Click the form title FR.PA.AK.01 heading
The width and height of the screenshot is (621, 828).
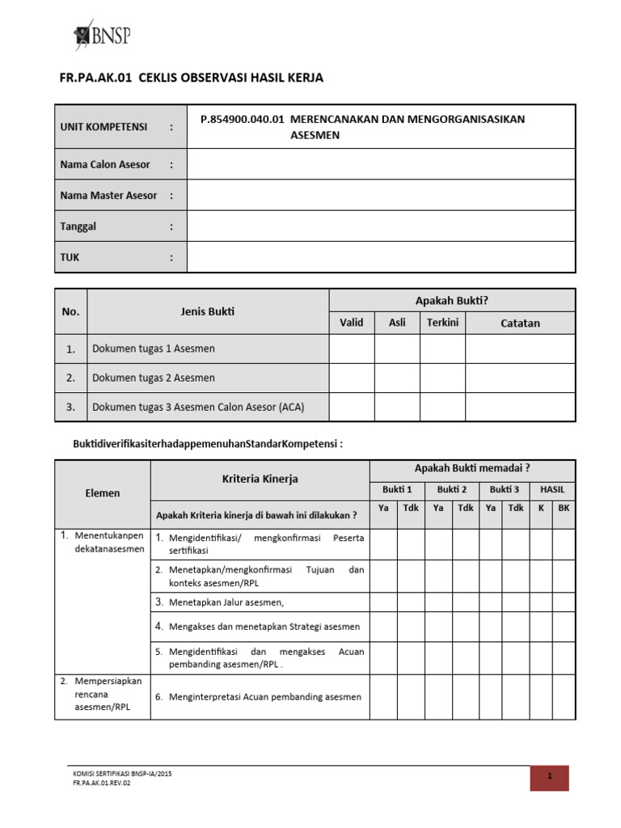191,78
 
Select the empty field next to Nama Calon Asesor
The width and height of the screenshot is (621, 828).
381,164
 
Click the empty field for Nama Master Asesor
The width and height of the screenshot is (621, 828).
381,196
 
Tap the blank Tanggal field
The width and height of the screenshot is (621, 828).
381,226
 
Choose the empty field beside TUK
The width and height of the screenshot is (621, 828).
381,258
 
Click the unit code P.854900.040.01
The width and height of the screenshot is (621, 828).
242,120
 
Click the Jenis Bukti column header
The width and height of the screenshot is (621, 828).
208,311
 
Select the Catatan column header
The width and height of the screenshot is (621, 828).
520,323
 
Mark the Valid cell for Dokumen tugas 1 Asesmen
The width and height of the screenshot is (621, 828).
352,349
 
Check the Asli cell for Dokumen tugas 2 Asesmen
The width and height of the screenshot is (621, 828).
397,378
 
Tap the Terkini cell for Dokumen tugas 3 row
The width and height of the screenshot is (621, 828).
442,407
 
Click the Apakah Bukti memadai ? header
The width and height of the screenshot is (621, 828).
472,468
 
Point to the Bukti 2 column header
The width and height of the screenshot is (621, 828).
452,489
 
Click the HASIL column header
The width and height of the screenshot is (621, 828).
552,489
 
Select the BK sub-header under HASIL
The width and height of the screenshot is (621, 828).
564,509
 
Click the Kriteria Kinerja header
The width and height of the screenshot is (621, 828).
260,479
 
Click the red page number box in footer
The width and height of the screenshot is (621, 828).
549,777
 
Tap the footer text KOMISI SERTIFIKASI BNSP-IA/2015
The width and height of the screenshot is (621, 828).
122,774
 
